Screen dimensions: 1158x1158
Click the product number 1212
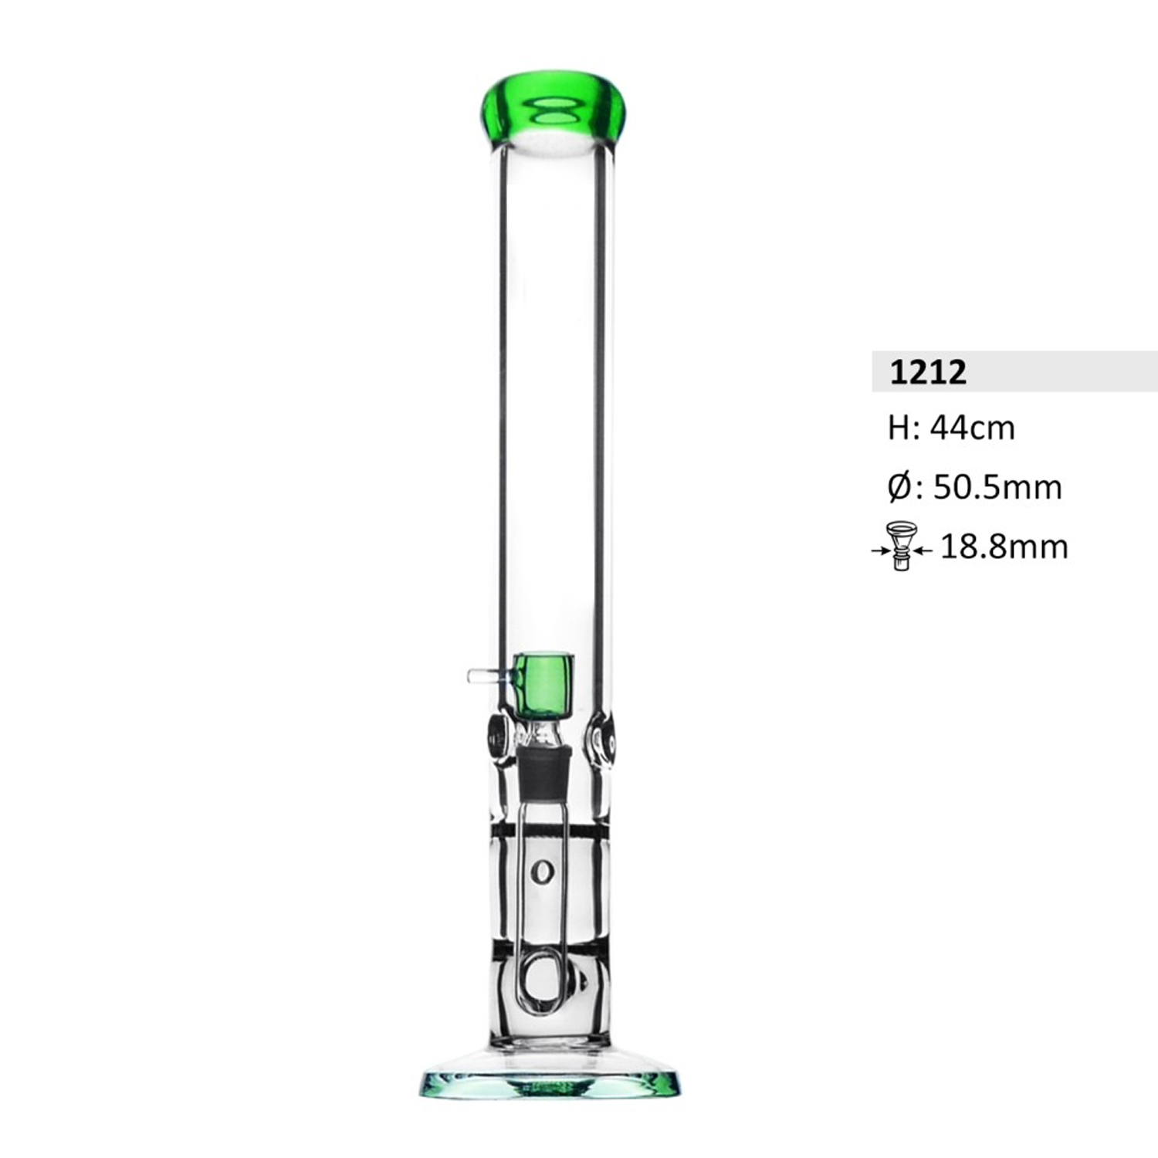click(928, 372)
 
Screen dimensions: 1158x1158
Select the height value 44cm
click(973, 428)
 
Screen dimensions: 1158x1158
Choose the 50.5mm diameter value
click(997, 488)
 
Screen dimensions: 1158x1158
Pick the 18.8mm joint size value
click(1004, 547)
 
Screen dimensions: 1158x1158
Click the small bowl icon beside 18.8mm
click(901, 544)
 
